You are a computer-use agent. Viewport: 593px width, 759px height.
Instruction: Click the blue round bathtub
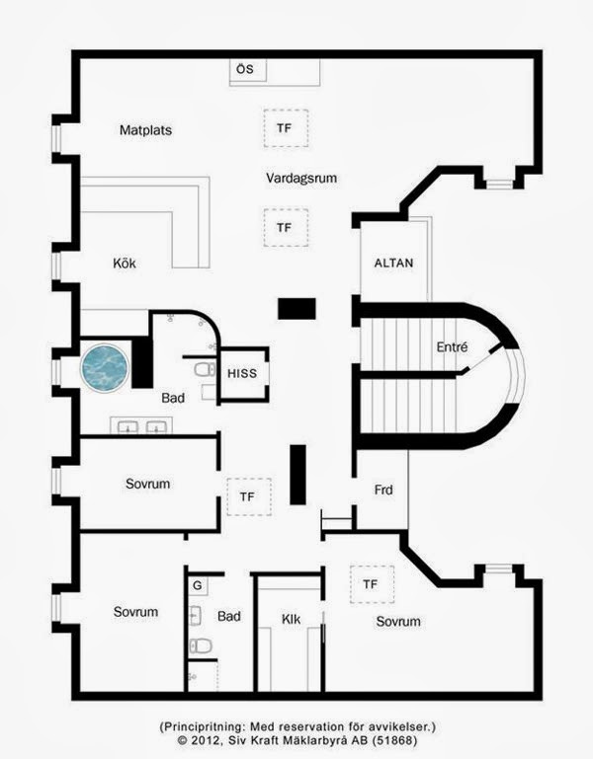(x=105, y=368)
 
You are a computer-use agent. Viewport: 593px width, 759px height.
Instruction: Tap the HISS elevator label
(x=242, y=373)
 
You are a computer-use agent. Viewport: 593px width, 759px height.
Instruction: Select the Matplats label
(x=145, y=129)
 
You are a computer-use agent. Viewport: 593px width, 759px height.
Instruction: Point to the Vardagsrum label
(x=301, y=178)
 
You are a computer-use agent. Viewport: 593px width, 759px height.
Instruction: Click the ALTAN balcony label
(x=393, y=263)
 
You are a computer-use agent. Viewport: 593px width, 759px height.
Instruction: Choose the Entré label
(x=452, y=346)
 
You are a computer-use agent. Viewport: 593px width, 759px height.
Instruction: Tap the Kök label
(x=125, y=263)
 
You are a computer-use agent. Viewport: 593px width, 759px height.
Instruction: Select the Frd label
(x=383, y=490)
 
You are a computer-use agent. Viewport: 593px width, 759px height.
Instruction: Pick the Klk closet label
(x=291, y=619)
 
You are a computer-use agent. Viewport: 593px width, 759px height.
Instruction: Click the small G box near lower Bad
(x=198, y=585)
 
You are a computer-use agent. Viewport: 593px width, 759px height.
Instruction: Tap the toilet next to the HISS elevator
(x=205, y=370)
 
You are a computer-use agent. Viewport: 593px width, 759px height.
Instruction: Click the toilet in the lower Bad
(x=201, y=645)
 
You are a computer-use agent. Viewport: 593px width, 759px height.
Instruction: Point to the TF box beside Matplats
(x=286, y=128)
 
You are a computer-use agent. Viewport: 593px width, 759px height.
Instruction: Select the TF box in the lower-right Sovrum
(x=372, y=584)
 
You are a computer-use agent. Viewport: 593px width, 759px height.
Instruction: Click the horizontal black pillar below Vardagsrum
(x=296, y=308)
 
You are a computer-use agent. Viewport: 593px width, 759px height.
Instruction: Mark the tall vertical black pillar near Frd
(x=297, y=475)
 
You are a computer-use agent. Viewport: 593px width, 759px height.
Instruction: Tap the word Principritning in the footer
(x=203, y=726)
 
